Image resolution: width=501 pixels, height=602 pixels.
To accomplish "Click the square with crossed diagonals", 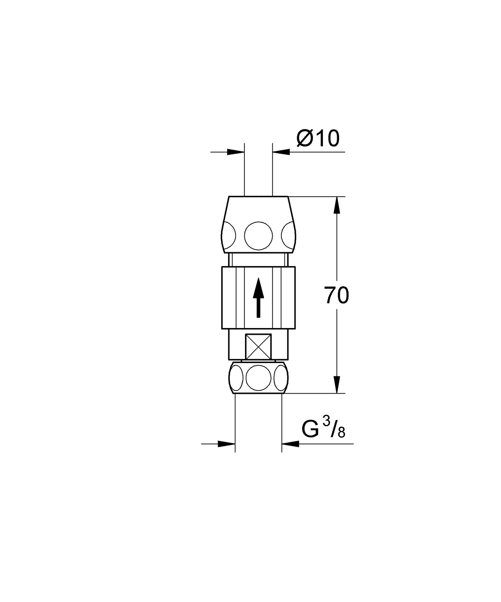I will click(258, 347).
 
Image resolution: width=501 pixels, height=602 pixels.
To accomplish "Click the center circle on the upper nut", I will click(258, 236).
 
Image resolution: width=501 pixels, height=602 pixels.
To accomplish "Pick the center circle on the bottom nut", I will click(258, 378).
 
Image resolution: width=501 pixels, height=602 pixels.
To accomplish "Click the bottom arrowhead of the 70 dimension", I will click(337, 385).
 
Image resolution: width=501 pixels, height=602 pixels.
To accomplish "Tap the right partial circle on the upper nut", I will click(288, 236).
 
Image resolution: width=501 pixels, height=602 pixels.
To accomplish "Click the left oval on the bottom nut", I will click(236, 378).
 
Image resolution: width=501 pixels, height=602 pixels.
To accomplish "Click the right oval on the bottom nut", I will click(281, 378).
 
